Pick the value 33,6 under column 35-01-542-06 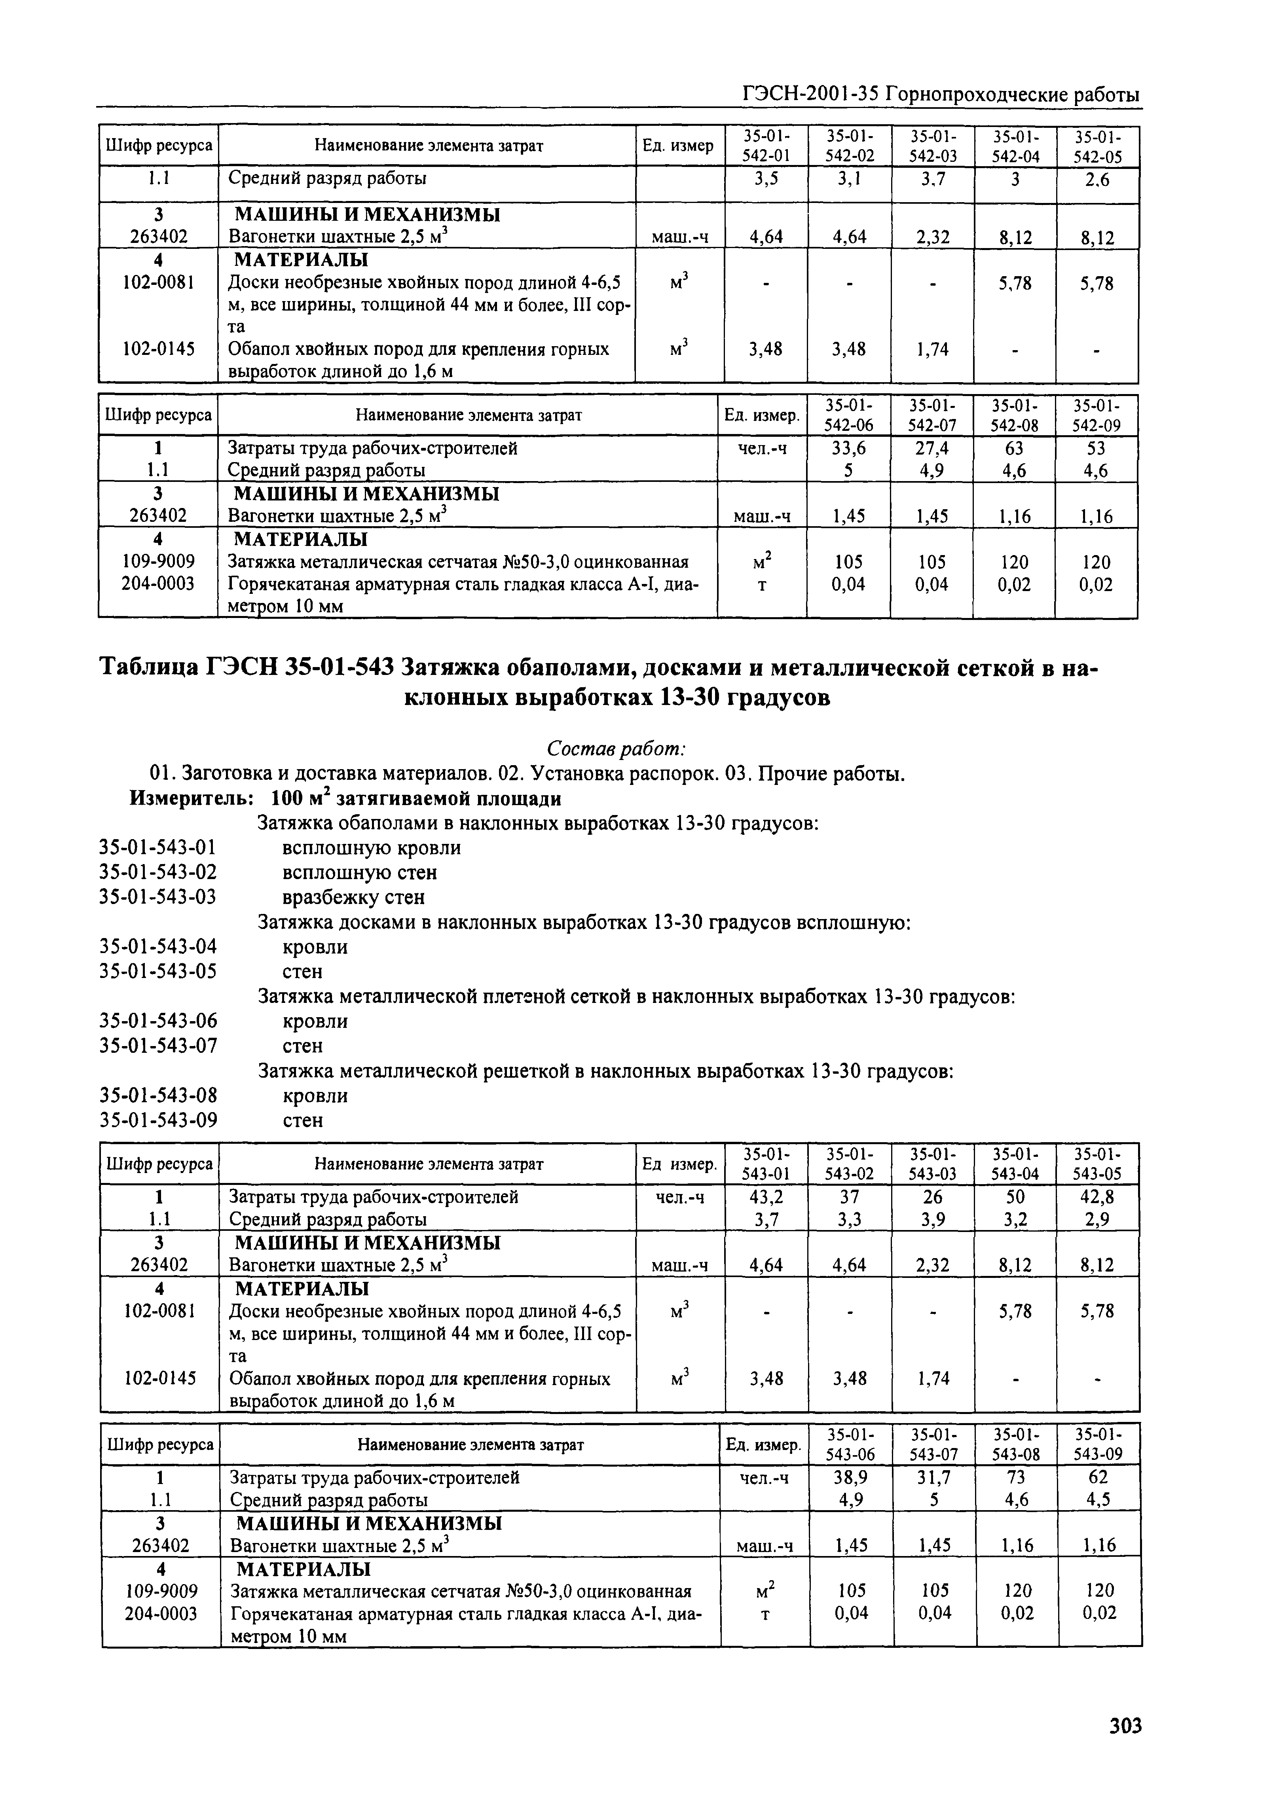click(x=849, y=448)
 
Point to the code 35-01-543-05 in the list click(x=158, y=971)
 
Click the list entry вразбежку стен click(x=354, y=897)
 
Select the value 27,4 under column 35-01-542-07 click(x=932, y=448)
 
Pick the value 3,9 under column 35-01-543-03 click(x=932, y=1219)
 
